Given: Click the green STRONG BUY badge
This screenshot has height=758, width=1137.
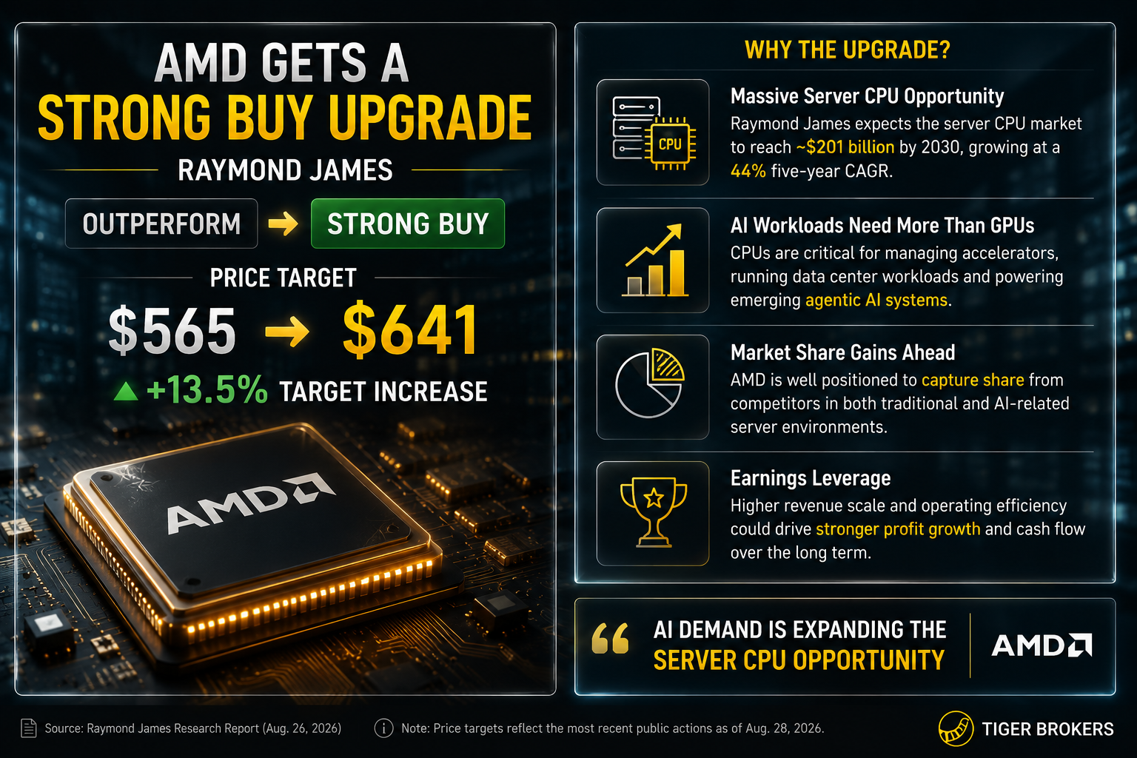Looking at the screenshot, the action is click(x=408, y=224).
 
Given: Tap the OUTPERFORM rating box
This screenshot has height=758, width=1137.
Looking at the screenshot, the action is click(x=161, y=224).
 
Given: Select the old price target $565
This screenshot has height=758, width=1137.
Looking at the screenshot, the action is click(x=172, y=330).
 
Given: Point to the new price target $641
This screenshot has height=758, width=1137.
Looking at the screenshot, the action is click(x=409, y=329).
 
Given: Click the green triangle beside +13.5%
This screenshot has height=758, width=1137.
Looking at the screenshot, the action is click(x=126, y=392).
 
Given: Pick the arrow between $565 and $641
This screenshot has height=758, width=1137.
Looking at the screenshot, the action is click(x=287, y=332).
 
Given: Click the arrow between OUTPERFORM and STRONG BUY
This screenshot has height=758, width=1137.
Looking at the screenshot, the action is click(x=284, y=224).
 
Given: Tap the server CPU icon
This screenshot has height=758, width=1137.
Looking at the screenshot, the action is click(x=654, y=133).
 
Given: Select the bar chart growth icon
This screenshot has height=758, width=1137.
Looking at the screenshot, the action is click(x=654, y=261).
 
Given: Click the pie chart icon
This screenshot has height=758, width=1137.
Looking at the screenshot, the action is click(x=650, y=383).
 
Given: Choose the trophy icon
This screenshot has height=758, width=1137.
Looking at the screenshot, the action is click(x=654, y=512).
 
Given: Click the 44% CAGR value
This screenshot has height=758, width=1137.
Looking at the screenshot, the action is click(x=748, y=171).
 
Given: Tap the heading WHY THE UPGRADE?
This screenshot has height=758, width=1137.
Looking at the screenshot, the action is click(x=847, y=50).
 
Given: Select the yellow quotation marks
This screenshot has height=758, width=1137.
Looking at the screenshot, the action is click(x=610, y=638).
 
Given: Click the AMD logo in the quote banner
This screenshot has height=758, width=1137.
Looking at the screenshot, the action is click(x=1042, y=645).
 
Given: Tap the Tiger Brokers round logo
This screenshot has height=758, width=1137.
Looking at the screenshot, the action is click(x=956, y=728).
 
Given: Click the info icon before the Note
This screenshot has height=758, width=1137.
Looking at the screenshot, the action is click(x=383, y=728).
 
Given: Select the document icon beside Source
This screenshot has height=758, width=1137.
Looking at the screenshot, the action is click(x=28, y=728).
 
